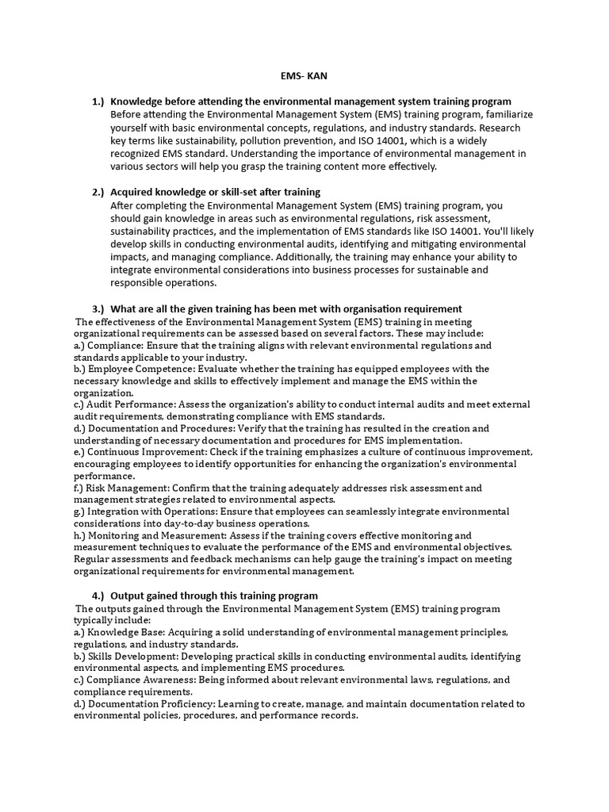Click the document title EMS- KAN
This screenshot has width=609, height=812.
pos(304,75)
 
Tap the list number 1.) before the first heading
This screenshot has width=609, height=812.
pos(98,101)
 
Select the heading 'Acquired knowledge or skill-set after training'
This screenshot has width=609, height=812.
pos(215,192)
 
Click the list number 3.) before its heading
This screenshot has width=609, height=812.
pos(98,308)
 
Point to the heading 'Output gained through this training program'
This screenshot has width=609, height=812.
pos(213,596)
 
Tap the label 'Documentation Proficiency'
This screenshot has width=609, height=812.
pos(149,703)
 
